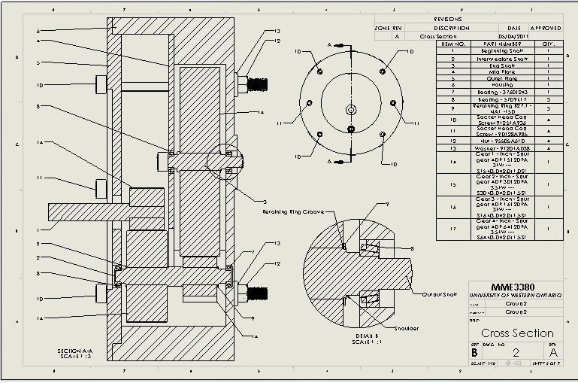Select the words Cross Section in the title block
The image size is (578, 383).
pyautogui.click(x=517, y=333)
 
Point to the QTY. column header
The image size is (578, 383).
pyautogui.click(x=548, y=44)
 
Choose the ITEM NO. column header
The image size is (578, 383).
pyautogui.click(x=453, y=44)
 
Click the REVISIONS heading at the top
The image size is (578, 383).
pyautogui.click(x=449, y=19)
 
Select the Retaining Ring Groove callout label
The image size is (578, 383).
pyautogui.click(x=293, y=212)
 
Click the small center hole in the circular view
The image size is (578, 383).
pyautogui.click(x=351, y=110)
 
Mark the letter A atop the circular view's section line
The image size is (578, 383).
pyautogui.click(x=328, y=45)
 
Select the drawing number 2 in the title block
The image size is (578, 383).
pyautogui.click(x=516, y=352)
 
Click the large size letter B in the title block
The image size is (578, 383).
pyautogui.click(x=474, y=352)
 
